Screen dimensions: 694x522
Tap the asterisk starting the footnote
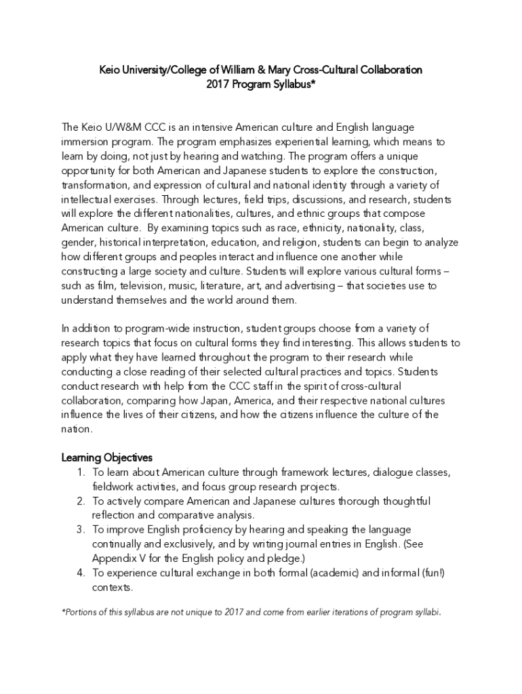(x=64, y=611)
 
